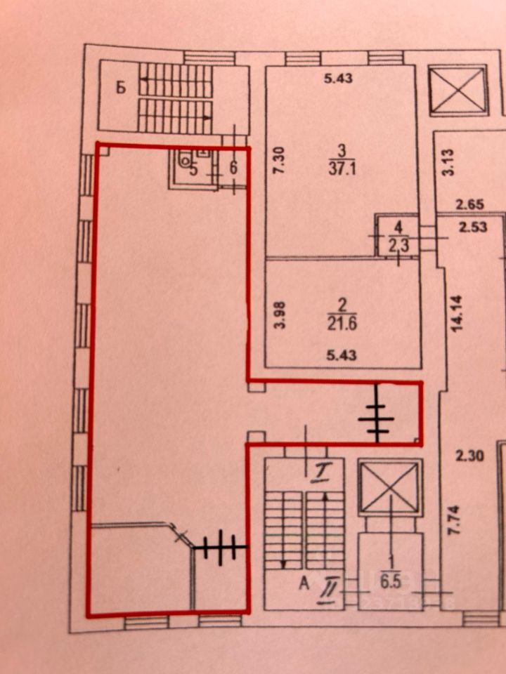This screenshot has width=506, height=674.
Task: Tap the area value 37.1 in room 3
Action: coord(342,168)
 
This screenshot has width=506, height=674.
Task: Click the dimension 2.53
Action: coord(472,228)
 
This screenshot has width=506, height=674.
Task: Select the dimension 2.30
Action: coord(470,457)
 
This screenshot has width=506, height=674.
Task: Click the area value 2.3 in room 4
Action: coord(398,246)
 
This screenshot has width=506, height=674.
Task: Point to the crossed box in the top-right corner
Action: coord(458,89)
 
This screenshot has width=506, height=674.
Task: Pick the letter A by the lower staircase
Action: coord(304,582)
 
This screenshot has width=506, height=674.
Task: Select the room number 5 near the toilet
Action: coord(193,168)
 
